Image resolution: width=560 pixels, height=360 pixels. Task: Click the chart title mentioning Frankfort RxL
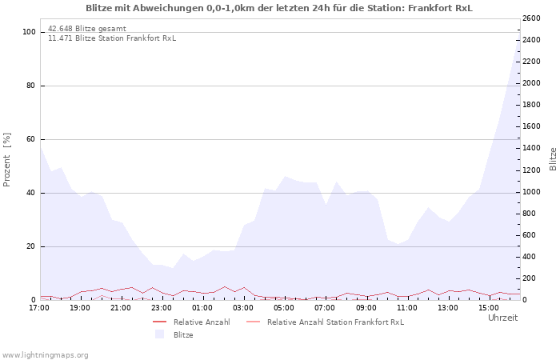coord(279,8)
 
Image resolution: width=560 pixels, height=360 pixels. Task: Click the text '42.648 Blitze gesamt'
coord(86,29)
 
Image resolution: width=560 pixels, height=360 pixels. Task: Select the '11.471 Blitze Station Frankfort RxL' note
coord(112,38)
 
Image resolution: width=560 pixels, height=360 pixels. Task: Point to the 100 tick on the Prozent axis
coord(29,32)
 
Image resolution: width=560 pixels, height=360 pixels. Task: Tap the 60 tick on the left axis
coord(30,139)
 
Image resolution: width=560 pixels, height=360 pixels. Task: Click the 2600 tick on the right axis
coord(531,18)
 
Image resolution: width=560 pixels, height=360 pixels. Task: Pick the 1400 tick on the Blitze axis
coord(531,148)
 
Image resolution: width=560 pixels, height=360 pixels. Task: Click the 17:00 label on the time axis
coord(39,308)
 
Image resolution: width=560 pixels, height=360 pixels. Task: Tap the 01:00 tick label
coord(202,308)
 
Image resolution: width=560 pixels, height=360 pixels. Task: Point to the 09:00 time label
coord(366,308)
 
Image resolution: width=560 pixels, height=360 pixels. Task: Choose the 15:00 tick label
coord(489,308)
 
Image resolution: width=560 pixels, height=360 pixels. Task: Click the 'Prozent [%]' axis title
coord(6,160)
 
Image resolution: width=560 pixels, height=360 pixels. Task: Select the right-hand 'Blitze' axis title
coord(553,159)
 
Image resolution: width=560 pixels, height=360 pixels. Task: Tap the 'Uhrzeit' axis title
coord(503,318)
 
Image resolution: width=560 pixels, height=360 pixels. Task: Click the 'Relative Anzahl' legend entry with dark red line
coord(202,322)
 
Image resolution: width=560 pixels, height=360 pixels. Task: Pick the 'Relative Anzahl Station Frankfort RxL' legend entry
coord(335,322)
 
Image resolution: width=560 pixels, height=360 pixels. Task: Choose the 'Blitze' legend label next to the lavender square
coord(183,335)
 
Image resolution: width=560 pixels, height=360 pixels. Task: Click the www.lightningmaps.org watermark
coord(45,355)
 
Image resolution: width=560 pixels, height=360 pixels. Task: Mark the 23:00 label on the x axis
coord(162,308)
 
